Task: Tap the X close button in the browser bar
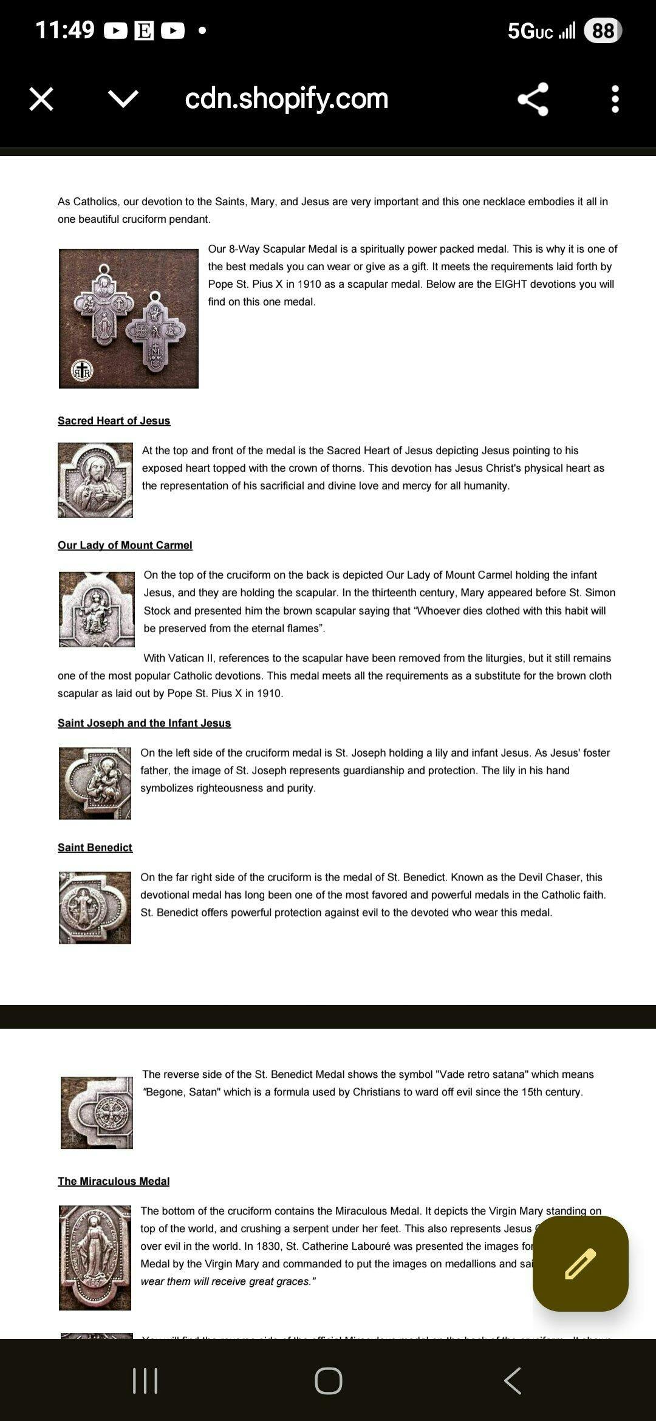tap(41, 99)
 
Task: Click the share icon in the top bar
tap(533, 99)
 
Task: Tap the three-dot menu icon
tap(615, 99)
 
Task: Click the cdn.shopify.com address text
tap(286, 98)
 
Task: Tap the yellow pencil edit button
tap(580, 1263)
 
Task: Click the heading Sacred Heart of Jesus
tap(114, 421)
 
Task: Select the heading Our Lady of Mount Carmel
tap(125, 545)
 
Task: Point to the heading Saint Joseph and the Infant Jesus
tap(144, 723)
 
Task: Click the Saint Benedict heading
tap(95, 848)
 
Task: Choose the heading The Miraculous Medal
tap(114, 1181)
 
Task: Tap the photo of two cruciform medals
tap(129, 318)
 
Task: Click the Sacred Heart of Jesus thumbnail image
tap(95, 480)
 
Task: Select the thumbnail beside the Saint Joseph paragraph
tap(95, 783)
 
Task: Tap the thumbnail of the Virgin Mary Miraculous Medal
tap(95, 1258)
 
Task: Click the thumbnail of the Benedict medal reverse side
tap(97, 1113)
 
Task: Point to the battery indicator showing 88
tap(603, 30)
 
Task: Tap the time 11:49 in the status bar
tap(65, 30)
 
